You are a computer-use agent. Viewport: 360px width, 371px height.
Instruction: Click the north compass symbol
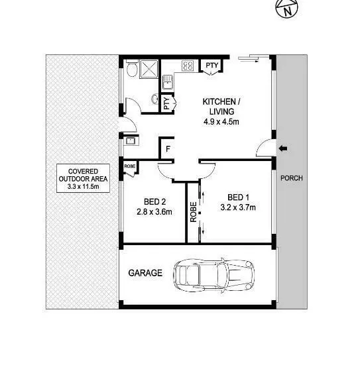(x=286, y=9)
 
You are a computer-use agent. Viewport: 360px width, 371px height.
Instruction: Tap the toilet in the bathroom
(x=132, y=68)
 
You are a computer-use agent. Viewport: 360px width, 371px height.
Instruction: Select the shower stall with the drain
(x=149, y=69)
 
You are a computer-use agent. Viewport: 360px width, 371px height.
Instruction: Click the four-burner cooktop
(x=188, y=66)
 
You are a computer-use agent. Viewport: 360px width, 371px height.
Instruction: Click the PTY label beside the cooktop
(x=211, y=65)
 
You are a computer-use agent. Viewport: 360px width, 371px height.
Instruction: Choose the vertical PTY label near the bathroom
(x=166, y=103)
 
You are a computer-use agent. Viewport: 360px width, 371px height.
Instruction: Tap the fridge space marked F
(x=168, y=149)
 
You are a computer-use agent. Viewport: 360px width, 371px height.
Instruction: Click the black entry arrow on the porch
(x=283, y=148)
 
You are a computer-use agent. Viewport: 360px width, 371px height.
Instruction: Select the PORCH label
(x=292, y=178)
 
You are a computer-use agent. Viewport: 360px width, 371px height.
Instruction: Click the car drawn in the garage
(x=214, y=275)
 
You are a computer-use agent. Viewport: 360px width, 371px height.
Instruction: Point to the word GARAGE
(x=145, y=273)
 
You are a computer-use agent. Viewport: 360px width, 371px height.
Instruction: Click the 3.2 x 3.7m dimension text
(x=238, y=207)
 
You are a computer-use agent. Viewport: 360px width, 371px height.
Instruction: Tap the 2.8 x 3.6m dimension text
(x=154, y=212)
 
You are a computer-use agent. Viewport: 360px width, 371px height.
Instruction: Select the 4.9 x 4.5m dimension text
(x=221, y=122)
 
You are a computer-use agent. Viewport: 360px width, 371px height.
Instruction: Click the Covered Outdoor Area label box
(x=83, y=178)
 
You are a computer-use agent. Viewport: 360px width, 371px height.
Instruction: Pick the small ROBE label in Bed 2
(x=130, y=166)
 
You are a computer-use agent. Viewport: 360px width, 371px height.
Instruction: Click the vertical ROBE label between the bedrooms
(x=194, y=212)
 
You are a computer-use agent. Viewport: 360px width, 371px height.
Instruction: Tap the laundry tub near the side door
(x=130, y=141)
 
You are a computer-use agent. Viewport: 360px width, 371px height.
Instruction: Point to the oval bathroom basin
(x=155, y=99)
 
